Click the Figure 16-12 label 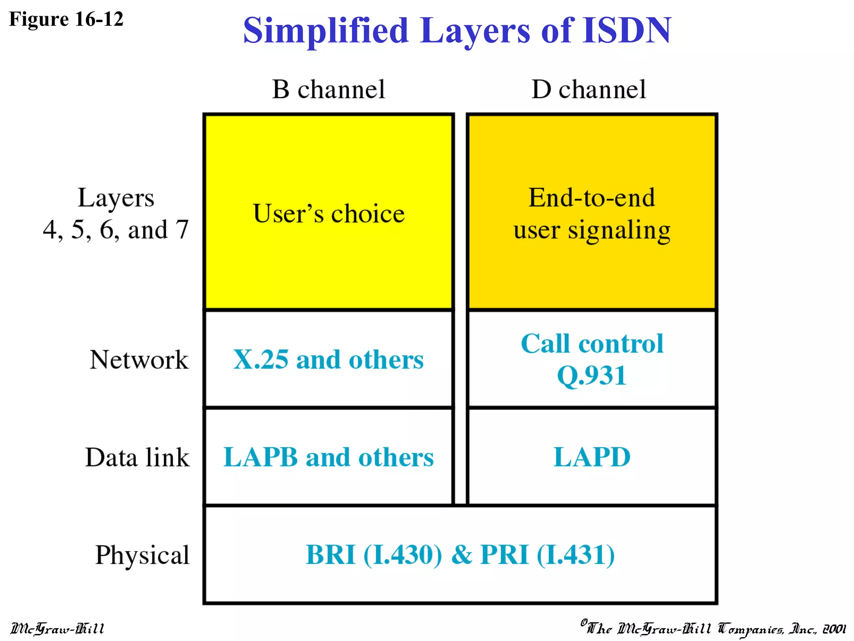(66, 19)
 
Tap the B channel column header (329, 89)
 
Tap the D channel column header (588, 89)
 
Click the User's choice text (329, 214)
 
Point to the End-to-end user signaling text (592, 214)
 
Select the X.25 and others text (329, 359)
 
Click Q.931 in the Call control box (592, 375)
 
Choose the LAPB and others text (329, 457)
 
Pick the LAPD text (592, 457)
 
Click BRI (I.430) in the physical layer (374, 555)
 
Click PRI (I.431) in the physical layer (548, 555)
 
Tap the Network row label (139, 359)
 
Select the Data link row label (137, 457)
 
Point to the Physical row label (142, 555)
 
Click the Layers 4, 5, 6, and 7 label (116, 214)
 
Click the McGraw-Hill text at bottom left (58, 628)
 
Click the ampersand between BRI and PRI (462, 555)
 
